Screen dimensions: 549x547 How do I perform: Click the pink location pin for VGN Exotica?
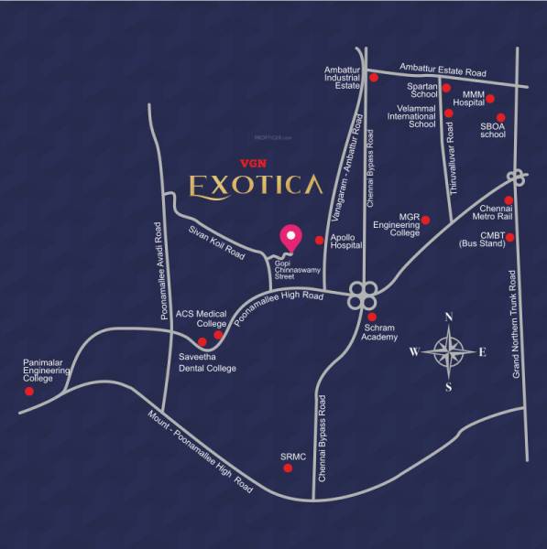pyautogui.click(x=291, y=237)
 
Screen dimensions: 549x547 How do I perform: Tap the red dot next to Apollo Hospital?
pyautogui.click(x=319, y=241)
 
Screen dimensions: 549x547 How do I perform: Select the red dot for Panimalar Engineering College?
pyautogui.click(x=28, y=391)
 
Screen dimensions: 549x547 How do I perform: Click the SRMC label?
pyautogui.click(x=292, y=455)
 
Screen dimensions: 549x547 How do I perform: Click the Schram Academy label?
pyautogui.click(x=379, y=332)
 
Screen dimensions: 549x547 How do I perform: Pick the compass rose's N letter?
pyautogui.click(x=448, y=318)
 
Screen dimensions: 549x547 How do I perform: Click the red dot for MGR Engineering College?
pyautogui.click(x=425, y=220)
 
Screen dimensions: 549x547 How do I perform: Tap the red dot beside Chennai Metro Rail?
pyautogui.click(x=509, y=200)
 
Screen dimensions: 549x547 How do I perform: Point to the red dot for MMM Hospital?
pyautogui.click(x=490, y=99)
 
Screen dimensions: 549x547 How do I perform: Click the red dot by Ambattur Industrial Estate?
pyautogui.click(x=374, y=79)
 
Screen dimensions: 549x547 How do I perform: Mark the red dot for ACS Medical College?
pyautogui.click(x=217, y=335)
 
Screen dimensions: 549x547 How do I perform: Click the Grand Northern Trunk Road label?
pyautogui.click(x=516, y=325)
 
